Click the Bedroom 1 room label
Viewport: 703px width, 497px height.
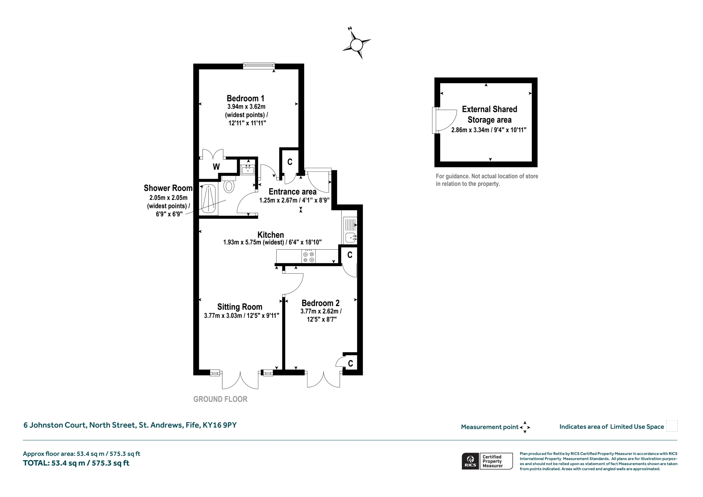245,98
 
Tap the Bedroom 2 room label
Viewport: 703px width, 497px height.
320,303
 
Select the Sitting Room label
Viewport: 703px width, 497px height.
240,306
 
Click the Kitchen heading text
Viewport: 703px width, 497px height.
271,234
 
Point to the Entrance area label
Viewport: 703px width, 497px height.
292,191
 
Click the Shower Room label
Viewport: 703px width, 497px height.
168,188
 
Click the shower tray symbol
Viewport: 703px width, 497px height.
208,199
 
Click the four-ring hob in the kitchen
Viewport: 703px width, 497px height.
309,256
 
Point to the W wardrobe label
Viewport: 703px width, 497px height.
216,167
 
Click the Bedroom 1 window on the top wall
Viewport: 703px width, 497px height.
259,66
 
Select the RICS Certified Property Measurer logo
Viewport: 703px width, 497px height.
487,461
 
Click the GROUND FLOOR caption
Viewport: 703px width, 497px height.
220,399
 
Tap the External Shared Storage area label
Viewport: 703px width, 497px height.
489,114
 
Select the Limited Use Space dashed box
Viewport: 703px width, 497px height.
672,426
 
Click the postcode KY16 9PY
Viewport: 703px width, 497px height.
219,425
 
